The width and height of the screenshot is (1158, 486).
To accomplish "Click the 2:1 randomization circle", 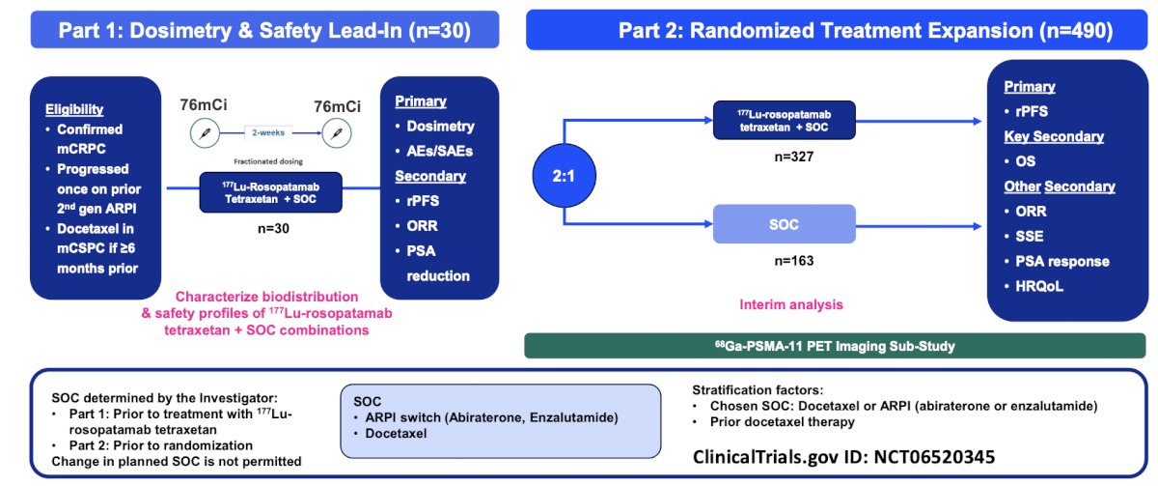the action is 564,176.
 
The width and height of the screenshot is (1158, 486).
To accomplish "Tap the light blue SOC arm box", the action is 785,224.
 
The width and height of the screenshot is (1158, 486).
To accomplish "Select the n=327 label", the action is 794,157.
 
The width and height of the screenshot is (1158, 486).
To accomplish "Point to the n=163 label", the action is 794,261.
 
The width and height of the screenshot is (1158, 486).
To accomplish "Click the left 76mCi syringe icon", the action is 205,133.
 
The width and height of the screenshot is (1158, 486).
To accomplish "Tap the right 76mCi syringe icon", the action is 337,133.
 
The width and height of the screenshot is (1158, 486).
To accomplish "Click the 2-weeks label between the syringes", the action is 268,132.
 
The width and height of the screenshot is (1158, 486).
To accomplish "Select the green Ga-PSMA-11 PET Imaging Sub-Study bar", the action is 835,346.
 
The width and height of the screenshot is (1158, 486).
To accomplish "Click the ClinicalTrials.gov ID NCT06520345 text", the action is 843,457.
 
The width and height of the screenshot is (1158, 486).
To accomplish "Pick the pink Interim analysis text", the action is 791,304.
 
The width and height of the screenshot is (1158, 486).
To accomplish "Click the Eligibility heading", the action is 74,110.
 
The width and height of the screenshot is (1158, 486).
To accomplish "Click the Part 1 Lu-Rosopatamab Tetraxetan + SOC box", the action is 271,192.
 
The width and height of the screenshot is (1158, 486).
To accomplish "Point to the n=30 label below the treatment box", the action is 273,228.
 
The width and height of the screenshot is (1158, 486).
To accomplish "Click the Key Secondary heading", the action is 1054,136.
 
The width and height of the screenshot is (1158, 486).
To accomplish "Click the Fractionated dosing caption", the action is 268,161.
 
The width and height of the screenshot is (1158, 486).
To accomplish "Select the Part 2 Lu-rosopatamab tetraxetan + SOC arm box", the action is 785,120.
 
